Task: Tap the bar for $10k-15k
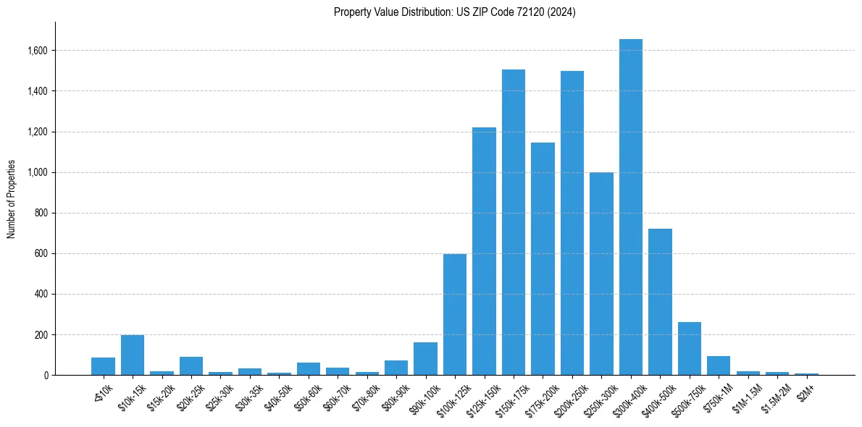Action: point(133,355)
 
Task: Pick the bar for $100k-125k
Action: point(455,315)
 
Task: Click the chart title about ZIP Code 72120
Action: point(454,12)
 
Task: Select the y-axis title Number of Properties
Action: point(12,199)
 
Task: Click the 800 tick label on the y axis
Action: point(41,213)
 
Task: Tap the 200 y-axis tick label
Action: point(41,335)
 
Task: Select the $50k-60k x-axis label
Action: point(308,395)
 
